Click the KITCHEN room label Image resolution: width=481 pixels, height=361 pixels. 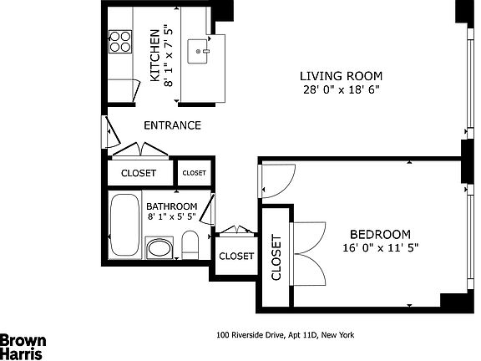point(154,55)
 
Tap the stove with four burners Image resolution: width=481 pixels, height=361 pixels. point(119,41)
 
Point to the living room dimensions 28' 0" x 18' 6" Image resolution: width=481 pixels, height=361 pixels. point(335,89)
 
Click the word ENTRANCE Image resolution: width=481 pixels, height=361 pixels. point(172,126)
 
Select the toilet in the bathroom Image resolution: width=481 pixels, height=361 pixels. point(190,246)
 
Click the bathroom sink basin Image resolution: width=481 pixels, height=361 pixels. point(158,249)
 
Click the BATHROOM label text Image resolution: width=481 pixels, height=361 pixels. point(171,206)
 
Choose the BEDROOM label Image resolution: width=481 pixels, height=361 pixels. point(380,234)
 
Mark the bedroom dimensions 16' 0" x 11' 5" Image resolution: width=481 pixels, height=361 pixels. point(380,247)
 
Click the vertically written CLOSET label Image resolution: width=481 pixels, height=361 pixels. point(276,259)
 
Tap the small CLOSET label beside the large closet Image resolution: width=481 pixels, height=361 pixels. point(194,173)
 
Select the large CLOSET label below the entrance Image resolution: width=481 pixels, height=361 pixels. point(139,174)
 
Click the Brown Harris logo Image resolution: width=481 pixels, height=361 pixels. point(23,346)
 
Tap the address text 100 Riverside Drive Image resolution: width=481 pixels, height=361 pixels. point(285,335)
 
